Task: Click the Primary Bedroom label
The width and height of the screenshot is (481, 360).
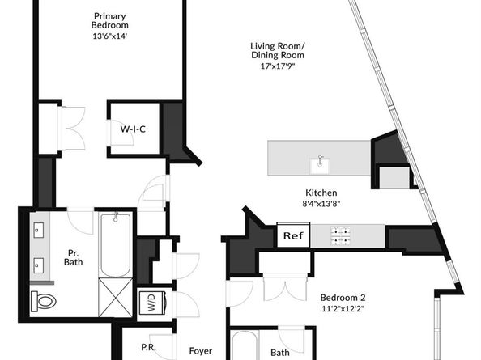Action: pos(110,20)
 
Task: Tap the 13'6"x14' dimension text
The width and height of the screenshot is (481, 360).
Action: pos(110,36)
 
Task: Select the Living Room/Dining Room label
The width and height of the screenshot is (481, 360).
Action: pos(278,50)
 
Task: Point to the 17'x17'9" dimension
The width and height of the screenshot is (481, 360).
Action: pos(278,66)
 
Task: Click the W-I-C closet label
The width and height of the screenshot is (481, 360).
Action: pos(133,129)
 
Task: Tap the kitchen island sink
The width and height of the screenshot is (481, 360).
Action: pos(320,165)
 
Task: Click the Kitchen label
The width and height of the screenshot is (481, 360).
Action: pos(321,193)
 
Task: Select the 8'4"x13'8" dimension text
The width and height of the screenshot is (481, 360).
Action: pos(321,204)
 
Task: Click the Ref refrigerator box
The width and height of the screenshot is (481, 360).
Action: pos(293,235)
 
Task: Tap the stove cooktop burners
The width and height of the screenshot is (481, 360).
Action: pos(341,235)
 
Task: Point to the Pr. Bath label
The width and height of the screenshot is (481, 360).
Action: pos(74,258)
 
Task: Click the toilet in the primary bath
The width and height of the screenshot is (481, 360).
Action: pos(44,300)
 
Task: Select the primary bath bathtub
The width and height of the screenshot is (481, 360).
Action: pos(115,245)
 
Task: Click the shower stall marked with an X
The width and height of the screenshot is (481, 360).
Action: pos(115,298)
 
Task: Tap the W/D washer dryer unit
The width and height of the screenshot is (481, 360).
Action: pos(152,303)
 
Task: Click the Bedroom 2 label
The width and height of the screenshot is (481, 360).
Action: pos(343,298)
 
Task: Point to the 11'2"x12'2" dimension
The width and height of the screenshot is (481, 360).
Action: pos(343,308)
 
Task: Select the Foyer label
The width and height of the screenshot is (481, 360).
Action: pos(201,351)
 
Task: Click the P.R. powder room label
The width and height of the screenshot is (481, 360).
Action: pos(148,347)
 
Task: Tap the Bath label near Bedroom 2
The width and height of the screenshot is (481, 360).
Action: pos(279,353)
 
